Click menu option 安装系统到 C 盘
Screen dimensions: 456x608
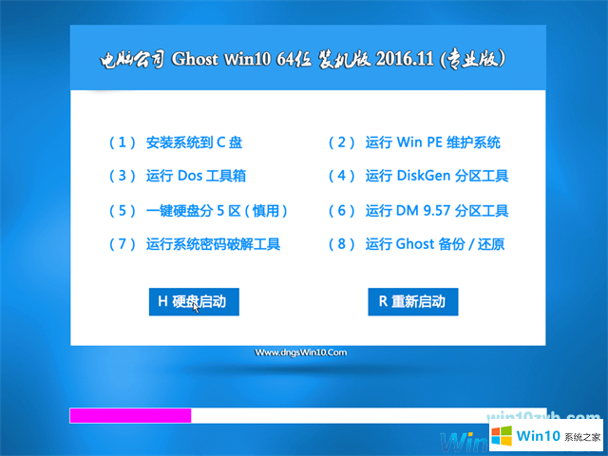(194, 142)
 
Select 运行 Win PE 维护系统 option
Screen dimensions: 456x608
(432, 142)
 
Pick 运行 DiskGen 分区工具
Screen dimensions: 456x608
(437, 176)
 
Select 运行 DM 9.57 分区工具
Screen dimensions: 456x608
(437, 210)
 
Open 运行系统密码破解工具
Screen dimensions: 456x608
(213, 244)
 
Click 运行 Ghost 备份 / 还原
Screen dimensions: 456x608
(435, 244)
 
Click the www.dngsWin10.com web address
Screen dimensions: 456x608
(302, 352)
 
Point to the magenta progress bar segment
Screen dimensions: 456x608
(130, 415)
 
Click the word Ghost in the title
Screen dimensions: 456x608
(197, 60)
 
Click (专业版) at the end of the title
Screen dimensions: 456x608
(479, 60)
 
